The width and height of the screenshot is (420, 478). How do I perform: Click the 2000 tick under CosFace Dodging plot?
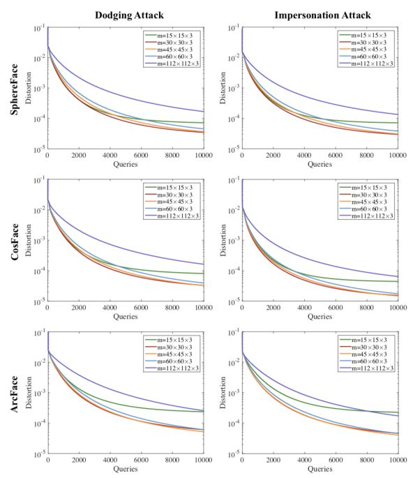[78, 308]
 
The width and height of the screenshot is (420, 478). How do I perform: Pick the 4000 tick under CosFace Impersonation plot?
[304, 308]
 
